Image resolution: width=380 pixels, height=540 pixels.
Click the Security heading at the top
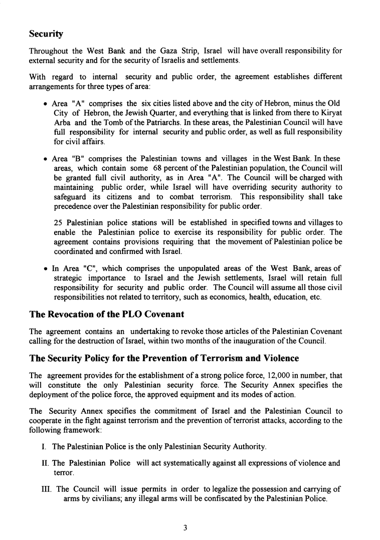[46, 34]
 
